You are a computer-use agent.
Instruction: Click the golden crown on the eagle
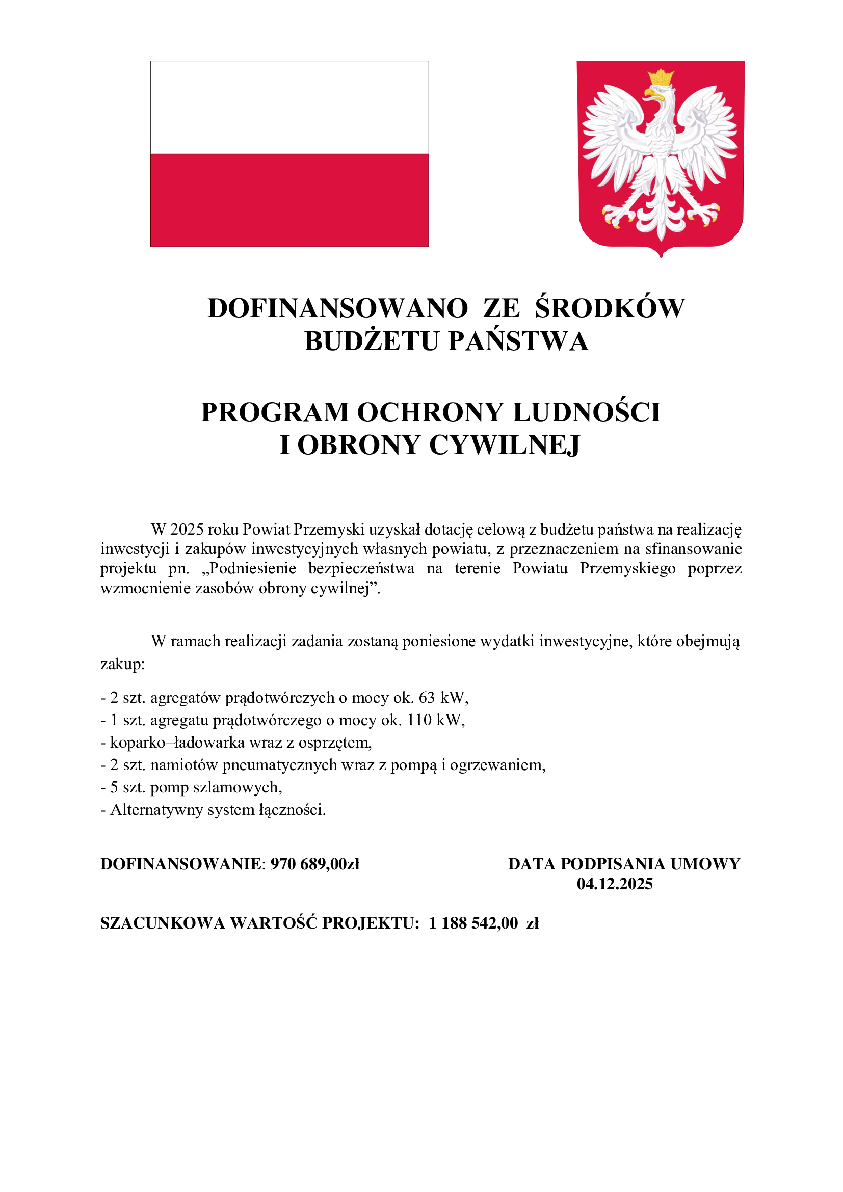[661, 78]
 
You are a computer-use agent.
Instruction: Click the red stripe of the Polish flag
[289, 200]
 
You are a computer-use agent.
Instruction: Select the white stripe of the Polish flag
[289, 108]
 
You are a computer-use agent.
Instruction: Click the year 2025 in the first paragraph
[187, 529]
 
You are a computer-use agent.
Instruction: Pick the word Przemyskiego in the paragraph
[627, 569]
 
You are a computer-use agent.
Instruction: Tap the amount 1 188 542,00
[473, 922]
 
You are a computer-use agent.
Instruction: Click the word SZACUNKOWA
[163, 923]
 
